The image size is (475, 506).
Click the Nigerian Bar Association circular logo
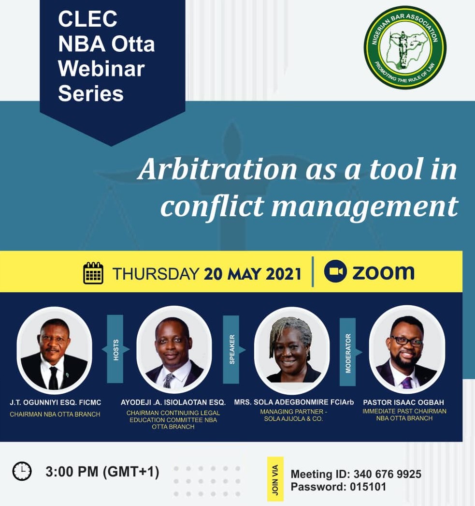click(x=405, y=47)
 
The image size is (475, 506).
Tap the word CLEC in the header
click(x=87, y=19)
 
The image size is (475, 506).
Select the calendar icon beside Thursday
click(x=93, y=273)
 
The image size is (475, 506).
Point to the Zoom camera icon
click(x=335, y=271)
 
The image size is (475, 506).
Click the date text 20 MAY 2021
click(x=253, y=274)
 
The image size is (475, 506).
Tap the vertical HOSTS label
click(x=115, y=349)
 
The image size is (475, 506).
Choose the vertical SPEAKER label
click(x=231, y=349)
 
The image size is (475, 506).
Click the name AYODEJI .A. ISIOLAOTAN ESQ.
click(x=173, y=402)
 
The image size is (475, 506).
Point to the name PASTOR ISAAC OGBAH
click(x=403, y=402)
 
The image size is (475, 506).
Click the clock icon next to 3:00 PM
click(x=22, y=471)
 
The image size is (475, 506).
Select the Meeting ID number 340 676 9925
click(x=388, y=474)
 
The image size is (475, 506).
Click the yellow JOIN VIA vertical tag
click(x=275, y=479)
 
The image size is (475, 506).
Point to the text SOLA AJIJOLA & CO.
click(x=293, y=419)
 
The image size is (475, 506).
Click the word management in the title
click(x=364, y=207)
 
